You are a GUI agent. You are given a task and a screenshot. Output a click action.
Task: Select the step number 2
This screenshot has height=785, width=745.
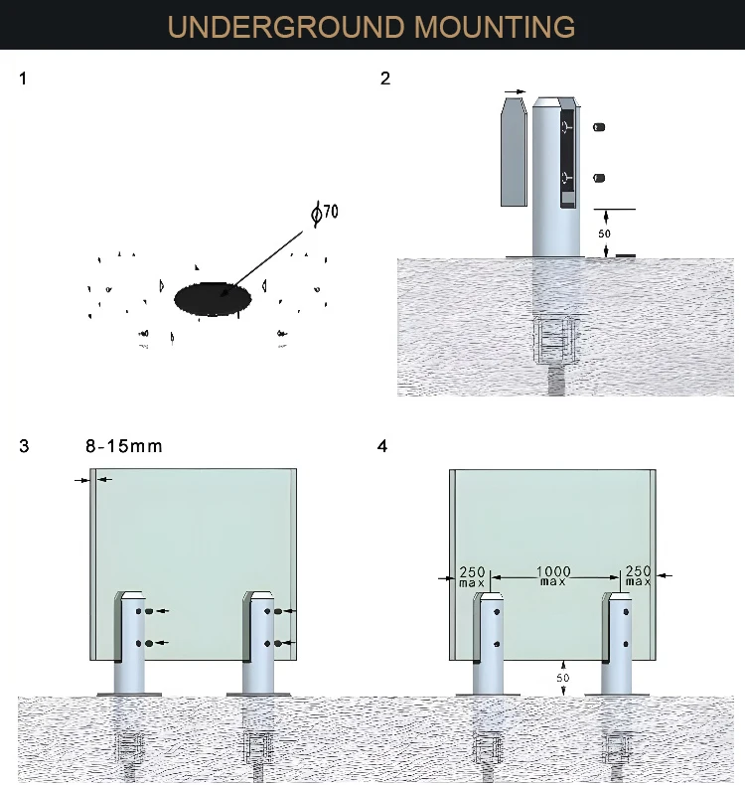[385, 78]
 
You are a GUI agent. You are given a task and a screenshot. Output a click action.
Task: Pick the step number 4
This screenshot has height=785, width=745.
[382, 446]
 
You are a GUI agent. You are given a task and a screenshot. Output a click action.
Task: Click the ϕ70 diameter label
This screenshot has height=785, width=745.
[324, 213]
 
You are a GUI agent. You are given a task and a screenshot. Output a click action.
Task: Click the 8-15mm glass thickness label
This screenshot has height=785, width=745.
[124, 446]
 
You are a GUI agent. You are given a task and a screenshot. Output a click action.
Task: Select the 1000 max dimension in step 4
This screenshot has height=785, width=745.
[553, 574]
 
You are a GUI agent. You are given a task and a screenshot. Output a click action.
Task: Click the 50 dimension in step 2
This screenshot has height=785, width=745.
[605, 234]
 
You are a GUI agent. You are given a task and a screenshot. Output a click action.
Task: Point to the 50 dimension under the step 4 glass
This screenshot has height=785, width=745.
[563, 677]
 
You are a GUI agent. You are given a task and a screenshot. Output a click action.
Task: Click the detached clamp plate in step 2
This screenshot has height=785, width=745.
[514, 153]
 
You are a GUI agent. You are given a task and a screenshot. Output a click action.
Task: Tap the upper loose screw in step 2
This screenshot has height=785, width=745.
[599, 127]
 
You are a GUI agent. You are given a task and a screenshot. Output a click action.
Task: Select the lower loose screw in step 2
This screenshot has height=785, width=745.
[599, 178]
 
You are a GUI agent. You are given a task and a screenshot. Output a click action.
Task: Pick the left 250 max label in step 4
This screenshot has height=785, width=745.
[471, 574]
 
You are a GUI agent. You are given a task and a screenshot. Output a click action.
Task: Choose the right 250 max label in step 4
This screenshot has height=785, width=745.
[637, 574]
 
